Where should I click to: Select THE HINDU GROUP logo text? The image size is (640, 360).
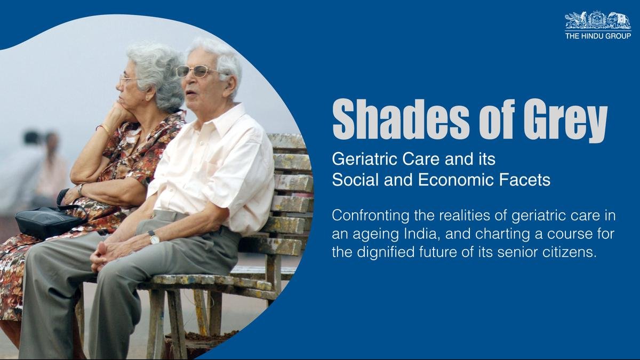pyautogui.click(x=598, y=36)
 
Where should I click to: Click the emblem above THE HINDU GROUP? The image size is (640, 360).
pyautogui.click(x=598, y=20)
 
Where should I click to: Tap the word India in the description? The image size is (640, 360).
pyautogui.click(x=421, y=234)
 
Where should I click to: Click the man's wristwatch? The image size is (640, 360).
pyautogui.click(x=154, y=237)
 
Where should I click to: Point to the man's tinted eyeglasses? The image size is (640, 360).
pyautogui.click(x=197, y=71)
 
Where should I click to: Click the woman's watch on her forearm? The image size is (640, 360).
pyautogui.click(x=81, y=189)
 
